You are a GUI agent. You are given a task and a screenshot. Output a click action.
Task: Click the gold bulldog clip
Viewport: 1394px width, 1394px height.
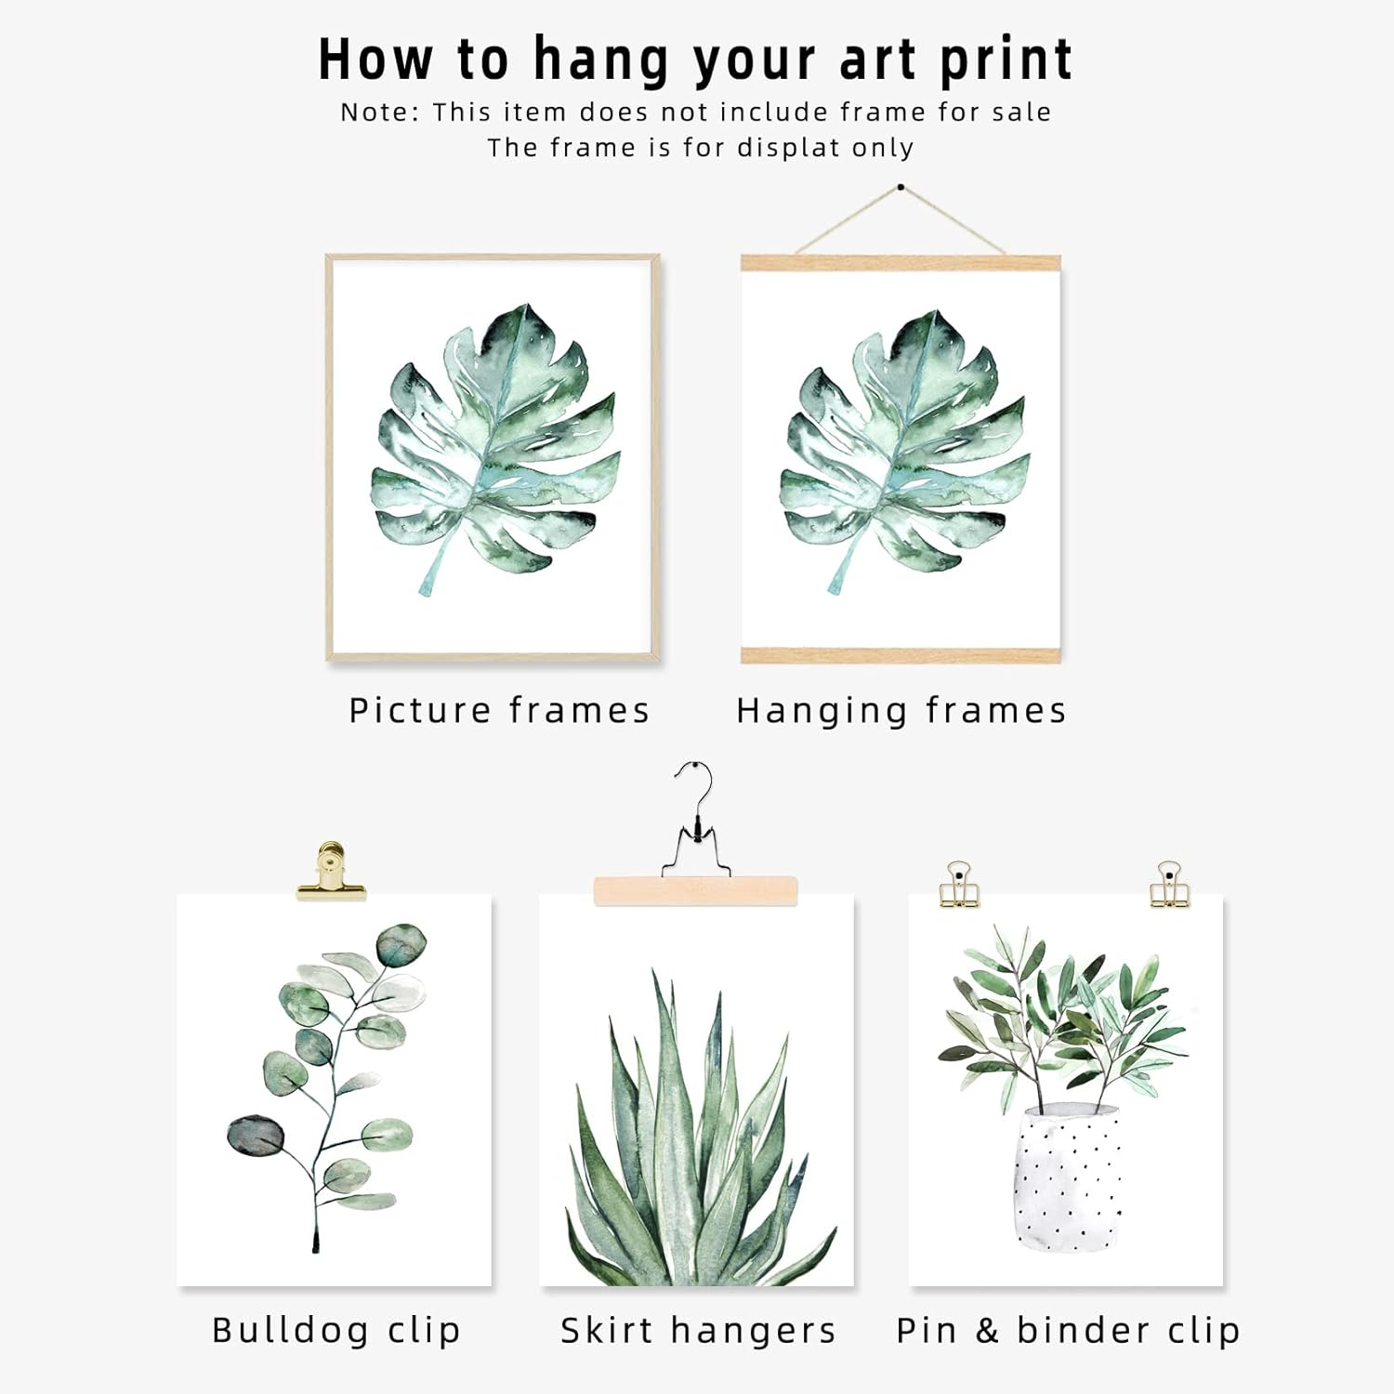pyautogui.click(x=330, y=874)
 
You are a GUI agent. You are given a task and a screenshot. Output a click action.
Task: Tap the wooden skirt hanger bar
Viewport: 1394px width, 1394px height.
pyautogui.click(x=695, y=890)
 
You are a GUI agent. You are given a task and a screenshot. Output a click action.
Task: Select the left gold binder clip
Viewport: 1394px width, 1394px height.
pyautogui.click(x=958, y=885)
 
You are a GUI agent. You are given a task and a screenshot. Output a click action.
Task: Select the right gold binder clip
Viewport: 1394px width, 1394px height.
pyautogui.click(x=1169, y=885)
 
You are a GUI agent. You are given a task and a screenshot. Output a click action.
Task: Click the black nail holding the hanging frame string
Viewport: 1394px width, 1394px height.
pyautogui.click(x=901, y=187)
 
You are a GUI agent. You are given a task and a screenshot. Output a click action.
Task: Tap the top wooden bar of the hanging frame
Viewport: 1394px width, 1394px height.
pyautogui.click(x=901, y=263)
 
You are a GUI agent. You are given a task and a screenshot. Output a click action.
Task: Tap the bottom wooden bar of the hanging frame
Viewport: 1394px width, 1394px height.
pyautogui.click(x=901, y=654)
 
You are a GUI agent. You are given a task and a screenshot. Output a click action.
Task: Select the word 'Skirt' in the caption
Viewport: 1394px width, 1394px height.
pyautogui.click(x=607, y=1330)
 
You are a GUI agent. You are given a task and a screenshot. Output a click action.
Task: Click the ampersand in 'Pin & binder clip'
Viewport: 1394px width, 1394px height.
pyautogui.click(x=987, y=1330)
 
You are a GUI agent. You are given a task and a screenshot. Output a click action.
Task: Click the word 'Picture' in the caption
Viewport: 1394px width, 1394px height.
pyautogui.click(x=420, y=710)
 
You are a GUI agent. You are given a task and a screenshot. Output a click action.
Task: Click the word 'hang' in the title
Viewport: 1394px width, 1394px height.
pyautogui.click(x=601, y=60)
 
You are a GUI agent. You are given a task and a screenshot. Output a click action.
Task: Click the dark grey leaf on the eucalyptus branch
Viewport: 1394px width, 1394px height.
pyautogui.click(x=256, y=1135)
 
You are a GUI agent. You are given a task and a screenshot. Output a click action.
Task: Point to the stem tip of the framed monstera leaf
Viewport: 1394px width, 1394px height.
pyautogui.click(x=427, y=587)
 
